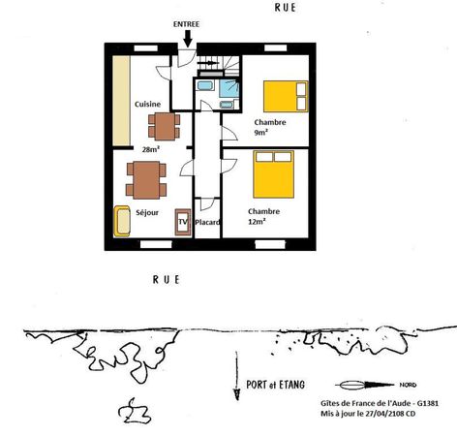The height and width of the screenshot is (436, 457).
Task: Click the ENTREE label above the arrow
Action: click(186, 24)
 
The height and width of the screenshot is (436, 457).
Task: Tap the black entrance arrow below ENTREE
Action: click(188, 39)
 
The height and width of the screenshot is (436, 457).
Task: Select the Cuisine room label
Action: click(147, 104)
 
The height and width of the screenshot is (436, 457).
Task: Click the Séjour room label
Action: click(147, 212)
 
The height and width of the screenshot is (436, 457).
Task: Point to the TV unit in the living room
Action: click(183, 222)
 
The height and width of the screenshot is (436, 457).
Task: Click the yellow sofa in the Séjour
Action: click(122, 221)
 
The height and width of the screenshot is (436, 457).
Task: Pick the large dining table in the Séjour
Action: click(146, 180)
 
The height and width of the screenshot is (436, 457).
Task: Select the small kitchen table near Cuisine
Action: click(165, 126)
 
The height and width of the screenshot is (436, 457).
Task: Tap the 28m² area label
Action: click(151, 149)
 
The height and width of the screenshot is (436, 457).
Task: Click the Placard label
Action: click(207, 222)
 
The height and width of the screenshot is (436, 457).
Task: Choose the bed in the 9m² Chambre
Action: click(286, 96)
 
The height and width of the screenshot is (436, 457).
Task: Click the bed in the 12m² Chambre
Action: click(274, 174)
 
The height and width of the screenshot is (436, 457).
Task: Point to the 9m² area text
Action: click(260, 133)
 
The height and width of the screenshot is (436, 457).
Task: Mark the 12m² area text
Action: click(257, 222)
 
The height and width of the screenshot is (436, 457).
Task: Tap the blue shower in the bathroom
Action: click(229, 88)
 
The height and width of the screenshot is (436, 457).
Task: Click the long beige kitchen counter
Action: click(121, 101)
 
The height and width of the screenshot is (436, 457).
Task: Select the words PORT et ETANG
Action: click(275, 385)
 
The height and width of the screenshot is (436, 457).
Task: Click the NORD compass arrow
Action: click(365, 385)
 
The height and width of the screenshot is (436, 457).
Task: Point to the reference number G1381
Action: click(428, 403)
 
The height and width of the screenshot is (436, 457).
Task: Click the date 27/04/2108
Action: click(385, 414)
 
